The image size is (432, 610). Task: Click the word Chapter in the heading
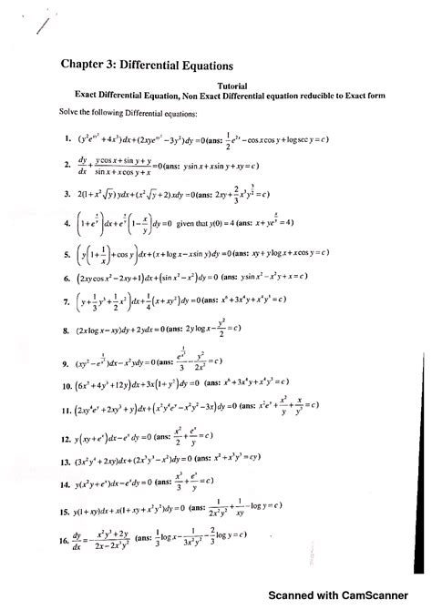pos(85,66)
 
